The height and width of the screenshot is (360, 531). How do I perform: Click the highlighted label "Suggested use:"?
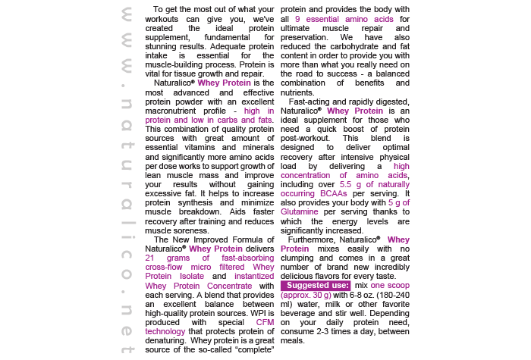click(x=315, y=286)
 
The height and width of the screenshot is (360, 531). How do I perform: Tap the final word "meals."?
click(x=293, y=340)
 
